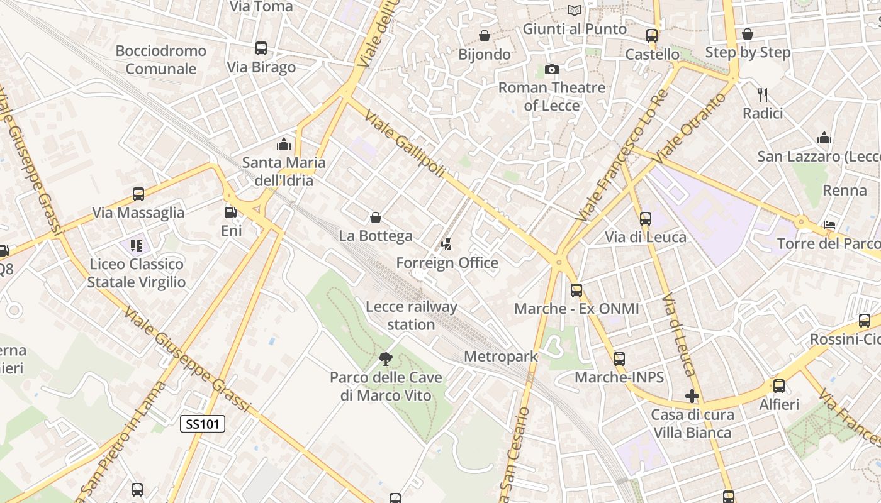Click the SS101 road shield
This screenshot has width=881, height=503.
click(203, 424)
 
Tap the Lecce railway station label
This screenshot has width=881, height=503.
click(412, 316)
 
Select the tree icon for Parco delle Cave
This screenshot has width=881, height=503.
click(385, 359)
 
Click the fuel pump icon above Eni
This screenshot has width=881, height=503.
click(231, 213)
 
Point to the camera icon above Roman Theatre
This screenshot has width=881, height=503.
click(552, 69)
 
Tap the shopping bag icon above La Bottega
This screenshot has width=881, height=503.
click(376, 218)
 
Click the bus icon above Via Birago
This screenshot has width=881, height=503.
click(261, 48)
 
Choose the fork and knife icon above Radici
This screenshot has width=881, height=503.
click(763, 95)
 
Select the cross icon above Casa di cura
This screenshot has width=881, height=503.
click(692, 396)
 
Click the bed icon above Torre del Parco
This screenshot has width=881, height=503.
click(829, 225)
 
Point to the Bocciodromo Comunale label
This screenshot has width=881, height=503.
click(161, 60)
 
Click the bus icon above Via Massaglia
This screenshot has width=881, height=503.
click(138, 194)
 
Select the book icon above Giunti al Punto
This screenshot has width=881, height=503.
click(575, 10)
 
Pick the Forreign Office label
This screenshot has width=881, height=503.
click(447, 263)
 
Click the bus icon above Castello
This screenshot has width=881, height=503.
click(652, 36)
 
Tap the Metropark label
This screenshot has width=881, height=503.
click(501, 357)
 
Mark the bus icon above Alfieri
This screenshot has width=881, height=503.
click(779, 386)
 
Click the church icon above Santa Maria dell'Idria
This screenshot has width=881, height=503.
click(284, 144)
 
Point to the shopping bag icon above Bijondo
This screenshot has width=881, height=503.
click(485, 36)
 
